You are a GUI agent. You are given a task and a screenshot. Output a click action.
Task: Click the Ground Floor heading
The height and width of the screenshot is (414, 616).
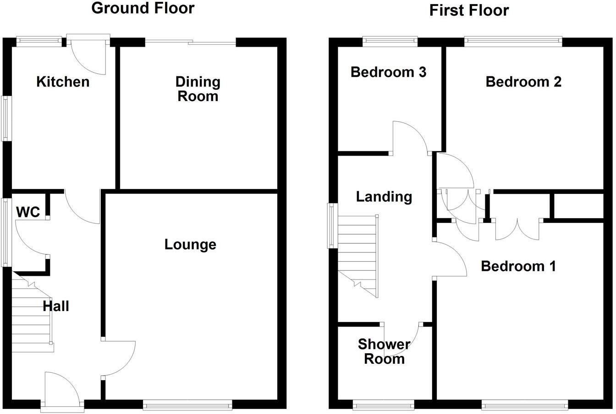pos(143,8)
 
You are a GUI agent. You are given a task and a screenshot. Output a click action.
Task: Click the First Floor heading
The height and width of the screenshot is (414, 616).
pos(469,10)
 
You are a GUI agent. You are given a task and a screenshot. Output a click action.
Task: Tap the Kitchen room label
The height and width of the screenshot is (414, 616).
pos(63,82)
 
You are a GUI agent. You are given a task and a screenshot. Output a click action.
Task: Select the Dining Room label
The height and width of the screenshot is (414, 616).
pos(198,89)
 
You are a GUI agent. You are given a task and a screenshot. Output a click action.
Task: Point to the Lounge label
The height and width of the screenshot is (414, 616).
pos(190,245)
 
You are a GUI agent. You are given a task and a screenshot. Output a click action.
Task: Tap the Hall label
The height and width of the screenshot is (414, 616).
pos(56,306)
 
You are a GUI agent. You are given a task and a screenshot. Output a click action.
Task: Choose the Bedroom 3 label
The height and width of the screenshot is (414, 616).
pos(388,72)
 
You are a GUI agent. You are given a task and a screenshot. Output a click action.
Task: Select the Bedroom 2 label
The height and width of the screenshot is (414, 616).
pos(523,82)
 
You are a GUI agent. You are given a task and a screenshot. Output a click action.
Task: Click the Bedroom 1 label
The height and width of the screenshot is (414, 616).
pos(518,266)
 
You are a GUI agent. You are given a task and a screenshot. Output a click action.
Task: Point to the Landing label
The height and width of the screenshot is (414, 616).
pos(384,197)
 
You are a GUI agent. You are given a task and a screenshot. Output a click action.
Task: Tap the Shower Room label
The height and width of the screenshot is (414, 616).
pos(384,351)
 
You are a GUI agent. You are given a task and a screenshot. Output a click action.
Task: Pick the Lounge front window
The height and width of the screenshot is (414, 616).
pos(187,404)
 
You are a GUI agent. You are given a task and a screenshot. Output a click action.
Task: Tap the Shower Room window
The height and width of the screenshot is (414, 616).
pos(384,404)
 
